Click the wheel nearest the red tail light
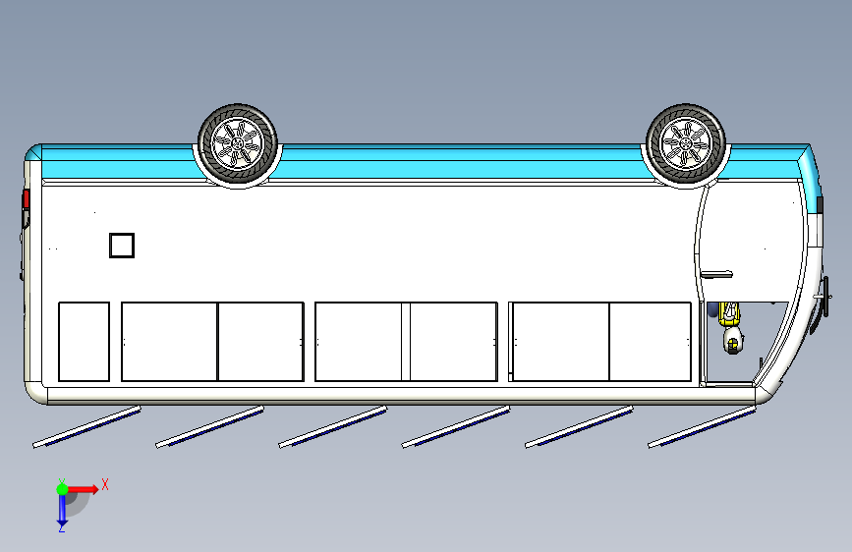pyautogui.click(x=238, y=144)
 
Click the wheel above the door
pyautogui.click(x=685, y=143)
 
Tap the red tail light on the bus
pyautogui.click(x=27, y=200)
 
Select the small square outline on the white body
pyautogui.click(x=121, y=245)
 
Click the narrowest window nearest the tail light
pyautogui.click(x=84, y=341)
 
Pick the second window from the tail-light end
pyautogui.click(x=169, y=341)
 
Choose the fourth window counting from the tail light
pyautogui.click(x=358, y=341)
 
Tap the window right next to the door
pyautogui.click(x=651, y=341)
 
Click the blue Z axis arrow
pyautogui.click(x=61, y=509)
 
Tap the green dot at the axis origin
pyautogui.click(x=61, y=488)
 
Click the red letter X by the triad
pyautogui.click(x=104, y=484)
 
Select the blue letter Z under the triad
pyautogui.click(x=61, y=528)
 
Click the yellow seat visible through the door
pyautogui.click(x=728, y=313)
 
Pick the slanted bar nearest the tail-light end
pyautogui.click(x=86, y=427)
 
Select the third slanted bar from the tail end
pyautogui.click(x=332, y=427)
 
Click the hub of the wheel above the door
pyautogui.click(x=685, y=143)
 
